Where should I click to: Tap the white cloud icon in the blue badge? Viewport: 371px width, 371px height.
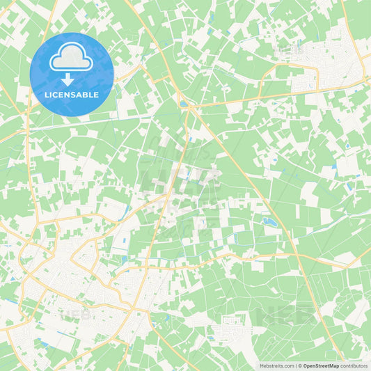click(x=72, y=57)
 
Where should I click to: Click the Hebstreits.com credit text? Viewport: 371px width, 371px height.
click(x=277, y=365)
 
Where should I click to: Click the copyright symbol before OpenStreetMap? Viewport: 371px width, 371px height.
click(x=299, y=365)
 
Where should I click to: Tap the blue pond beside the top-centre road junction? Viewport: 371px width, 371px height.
click(x=183, y=104)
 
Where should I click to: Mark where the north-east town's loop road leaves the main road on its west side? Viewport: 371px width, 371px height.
click(x=277, y=70)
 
